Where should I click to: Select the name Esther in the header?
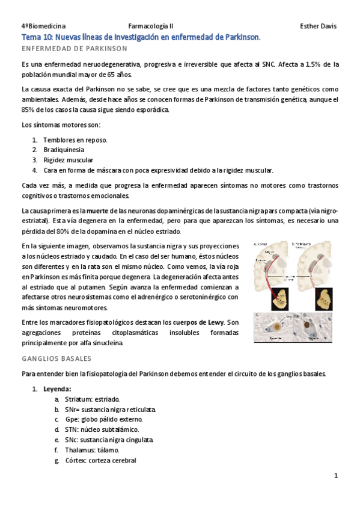[310, 26]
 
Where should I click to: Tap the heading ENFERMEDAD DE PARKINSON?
[74, 48]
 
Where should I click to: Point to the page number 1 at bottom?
[336, 476]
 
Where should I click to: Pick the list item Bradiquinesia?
[64, 150]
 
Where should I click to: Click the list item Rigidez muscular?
[68, 160]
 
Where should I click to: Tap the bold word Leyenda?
[57, 389]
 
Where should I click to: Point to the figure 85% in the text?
[28, 109]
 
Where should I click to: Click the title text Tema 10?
[37, 37]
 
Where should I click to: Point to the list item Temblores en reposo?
[75, 140]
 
